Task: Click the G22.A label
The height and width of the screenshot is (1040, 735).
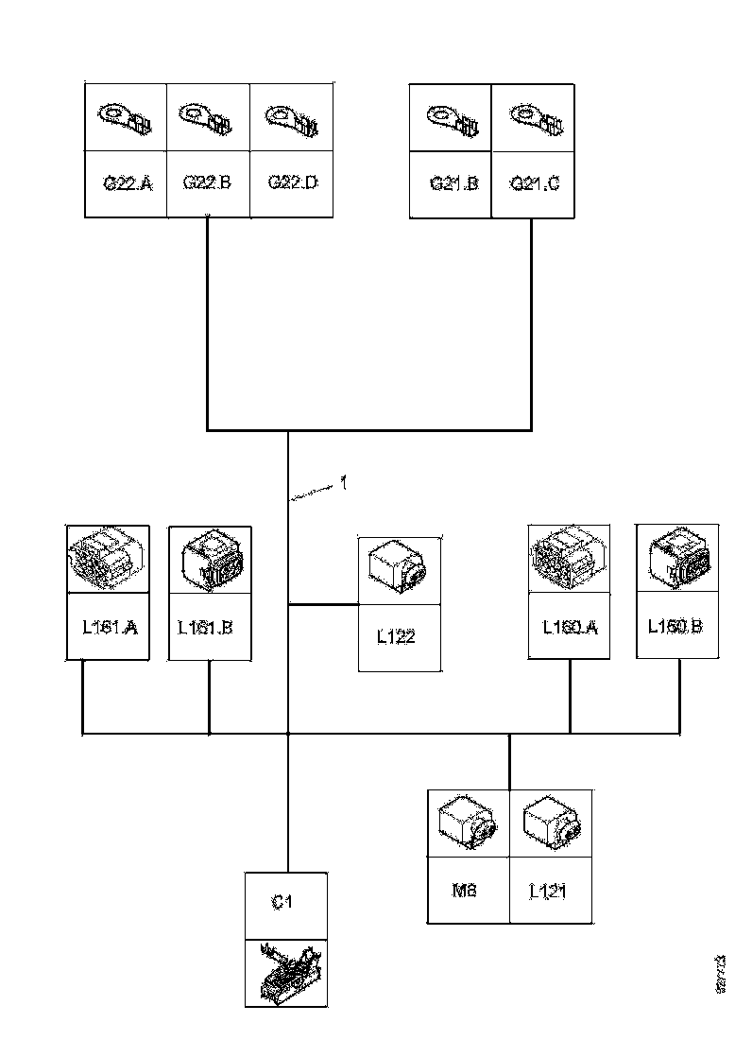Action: coord(127,183)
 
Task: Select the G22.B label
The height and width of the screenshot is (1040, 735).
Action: coord(208,183)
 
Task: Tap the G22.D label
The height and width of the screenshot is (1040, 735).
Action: coord(292,182)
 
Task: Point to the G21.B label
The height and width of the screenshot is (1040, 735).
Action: coord(453,183)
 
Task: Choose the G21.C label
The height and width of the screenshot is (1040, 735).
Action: coord(534,183)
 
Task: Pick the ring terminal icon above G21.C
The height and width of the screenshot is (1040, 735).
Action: coord(534,119)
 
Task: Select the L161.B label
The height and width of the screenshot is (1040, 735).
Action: coord(210,626)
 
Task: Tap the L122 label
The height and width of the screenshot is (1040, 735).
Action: coord(396,637)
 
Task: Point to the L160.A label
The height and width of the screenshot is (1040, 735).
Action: coord(570,626)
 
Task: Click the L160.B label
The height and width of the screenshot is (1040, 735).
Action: coord(677,626)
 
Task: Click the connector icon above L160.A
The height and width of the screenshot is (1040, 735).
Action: coord(570,560)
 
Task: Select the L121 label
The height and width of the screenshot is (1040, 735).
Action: coord(548,891)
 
